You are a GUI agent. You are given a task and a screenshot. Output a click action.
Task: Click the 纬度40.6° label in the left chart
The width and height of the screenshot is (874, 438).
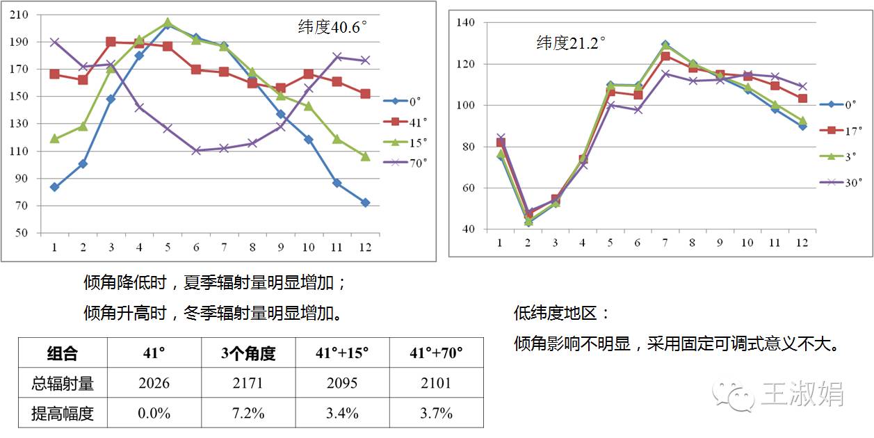click(332, 28)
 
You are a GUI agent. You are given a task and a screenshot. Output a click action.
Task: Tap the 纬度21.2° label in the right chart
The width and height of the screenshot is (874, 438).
click(571, 43)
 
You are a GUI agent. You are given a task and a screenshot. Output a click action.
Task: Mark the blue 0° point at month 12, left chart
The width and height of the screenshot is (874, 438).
click(365, 202)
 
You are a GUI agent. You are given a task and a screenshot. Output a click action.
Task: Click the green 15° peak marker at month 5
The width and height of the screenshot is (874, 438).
click(168, 23)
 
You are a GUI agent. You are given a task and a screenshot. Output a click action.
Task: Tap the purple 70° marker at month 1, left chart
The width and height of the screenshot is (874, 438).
click(54, 42)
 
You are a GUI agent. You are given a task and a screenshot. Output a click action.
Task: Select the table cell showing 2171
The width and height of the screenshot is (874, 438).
click(249, 383)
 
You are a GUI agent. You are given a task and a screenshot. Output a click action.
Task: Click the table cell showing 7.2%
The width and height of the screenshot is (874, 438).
click(249, 413)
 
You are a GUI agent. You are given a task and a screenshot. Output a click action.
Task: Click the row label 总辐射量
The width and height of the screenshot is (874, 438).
click(63, 383)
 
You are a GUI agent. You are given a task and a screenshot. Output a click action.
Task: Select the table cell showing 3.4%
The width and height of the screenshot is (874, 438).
click(343, 413)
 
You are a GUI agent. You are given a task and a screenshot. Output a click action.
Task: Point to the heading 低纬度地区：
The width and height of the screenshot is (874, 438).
click(562, 314)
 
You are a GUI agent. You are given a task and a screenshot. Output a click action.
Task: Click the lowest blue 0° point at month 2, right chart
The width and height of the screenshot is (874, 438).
click(528, 222)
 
